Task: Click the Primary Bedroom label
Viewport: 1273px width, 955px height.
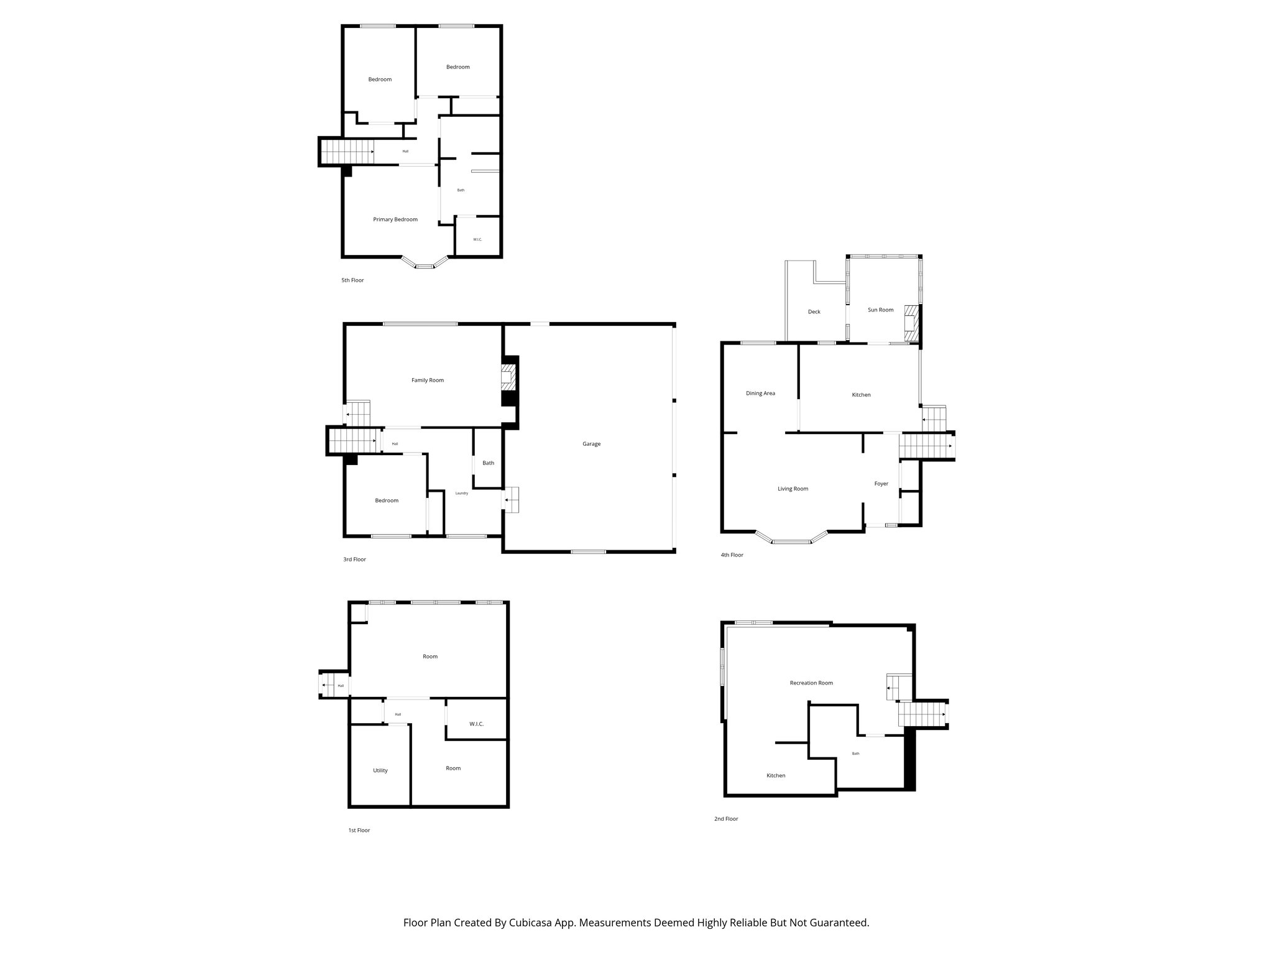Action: pyautogui.click(x=395, y=219)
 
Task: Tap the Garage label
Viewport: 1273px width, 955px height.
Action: pyautogui.click(x=591, y=444)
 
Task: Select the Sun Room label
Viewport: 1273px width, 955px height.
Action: pyautogui.click(x=880, y=310)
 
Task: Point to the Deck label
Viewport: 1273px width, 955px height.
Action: pyautogui.click(x=814, y=311)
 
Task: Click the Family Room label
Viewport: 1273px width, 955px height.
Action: pyautogui.click(x=428, y=380)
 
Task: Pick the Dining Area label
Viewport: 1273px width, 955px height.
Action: pyautogui.click(x=760, y=393)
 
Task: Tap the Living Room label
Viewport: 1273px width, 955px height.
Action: pyautogui.click(x=793, y=489)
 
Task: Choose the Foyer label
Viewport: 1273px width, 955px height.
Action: pyautogui.click(x=881, y=484)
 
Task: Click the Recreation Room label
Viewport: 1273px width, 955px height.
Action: pyautogui.click(x=811, y=683)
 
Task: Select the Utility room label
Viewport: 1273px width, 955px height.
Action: pyautogui.click(x=380, y=770)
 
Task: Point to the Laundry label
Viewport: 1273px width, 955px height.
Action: pyautogui.click(x=461, y=493)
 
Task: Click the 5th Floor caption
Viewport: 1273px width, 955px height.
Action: pyautogui.click(x=352, y=280)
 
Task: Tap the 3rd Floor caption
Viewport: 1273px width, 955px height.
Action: pyautogui.click(x=354, y=560)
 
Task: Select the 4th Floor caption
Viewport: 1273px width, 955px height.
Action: pyautogui.click(x=732, y=555)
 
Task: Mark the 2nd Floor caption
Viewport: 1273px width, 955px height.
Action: pyautogui.click(x=726, y=819)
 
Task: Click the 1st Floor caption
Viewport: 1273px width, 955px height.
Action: pyautogui.click(x=359, y=831)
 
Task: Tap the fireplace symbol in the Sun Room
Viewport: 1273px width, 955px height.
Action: pyautogui.click(x=911, y=323)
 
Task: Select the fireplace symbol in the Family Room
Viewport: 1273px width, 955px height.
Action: pyautogui.click(x=508, y=377)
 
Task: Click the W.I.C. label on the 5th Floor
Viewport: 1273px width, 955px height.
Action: pyautogui.click(x=477, y=239)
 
